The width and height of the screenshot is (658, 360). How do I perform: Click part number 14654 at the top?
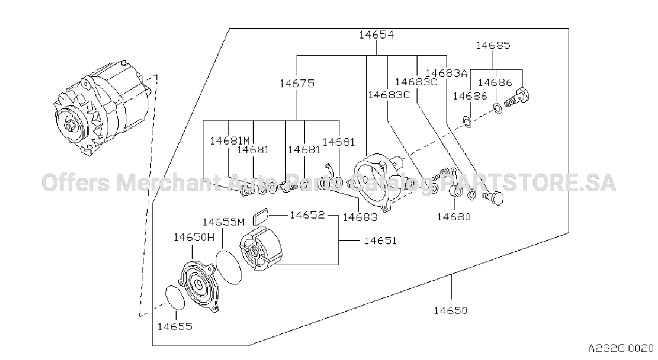coord(376,35)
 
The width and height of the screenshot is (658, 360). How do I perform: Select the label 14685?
coord(493,45)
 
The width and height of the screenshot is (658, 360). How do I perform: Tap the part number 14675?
coord(297,84)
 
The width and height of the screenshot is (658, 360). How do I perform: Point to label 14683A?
coord(446,73)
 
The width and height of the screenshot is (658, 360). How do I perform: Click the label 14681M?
coord(230,141)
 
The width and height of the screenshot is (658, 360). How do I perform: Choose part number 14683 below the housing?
coord(360,217)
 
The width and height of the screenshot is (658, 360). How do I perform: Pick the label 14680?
coord(454,217)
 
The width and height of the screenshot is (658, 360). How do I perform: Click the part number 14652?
coord(307,215)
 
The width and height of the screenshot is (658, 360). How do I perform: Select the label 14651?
coord(381,241)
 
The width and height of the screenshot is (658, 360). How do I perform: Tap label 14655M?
coord(224,222)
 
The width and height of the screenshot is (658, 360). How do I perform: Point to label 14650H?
coord(194,237)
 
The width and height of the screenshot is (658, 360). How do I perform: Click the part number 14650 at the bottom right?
coord(451,310)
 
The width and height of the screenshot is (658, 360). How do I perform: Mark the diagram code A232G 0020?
coord(621,349)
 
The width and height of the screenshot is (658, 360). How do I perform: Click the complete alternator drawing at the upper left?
coord(102,108)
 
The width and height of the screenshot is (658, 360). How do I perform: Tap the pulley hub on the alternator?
coord(70,126)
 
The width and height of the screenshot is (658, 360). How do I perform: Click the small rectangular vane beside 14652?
coord(260,216)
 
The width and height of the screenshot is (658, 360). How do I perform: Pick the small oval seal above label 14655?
coord(175,297)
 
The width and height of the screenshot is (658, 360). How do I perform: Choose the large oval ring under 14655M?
coord(229,267)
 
